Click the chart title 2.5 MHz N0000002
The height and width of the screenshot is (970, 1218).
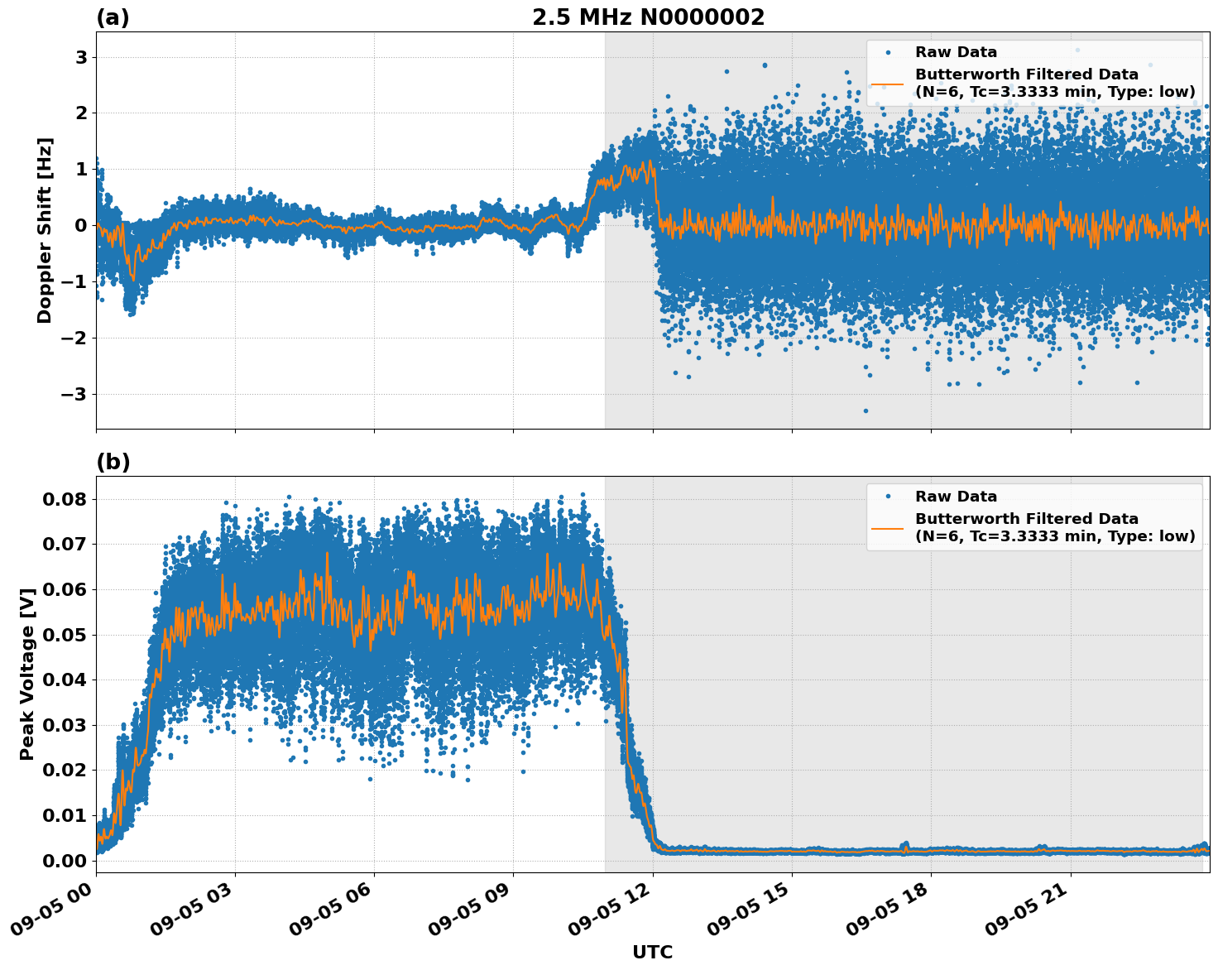(648, 17)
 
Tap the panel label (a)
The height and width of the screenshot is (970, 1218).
(113, 17)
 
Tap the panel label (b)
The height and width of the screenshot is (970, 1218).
(113, 462)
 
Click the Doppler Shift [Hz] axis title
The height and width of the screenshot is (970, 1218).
(45, 230)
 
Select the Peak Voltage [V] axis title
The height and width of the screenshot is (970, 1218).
(27, 674)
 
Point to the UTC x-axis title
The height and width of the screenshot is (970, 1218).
(652, 952)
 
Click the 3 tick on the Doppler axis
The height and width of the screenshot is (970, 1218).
(81, 57)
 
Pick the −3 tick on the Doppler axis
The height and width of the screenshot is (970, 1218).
(74, 394)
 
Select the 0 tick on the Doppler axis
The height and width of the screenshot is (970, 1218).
(81, 225)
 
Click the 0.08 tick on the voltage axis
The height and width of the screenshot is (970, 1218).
(64, 499)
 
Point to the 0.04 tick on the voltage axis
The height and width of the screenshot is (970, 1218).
(64, 679)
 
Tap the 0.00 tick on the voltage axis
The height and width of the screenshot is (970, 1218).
(64, 861)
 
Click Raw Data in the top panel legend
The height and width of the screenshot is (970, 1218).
(956, 52)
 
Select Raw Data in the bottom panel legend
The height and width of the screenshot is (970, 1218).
(956, 497)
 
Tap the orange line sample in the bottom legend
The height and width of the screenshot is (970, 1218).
(887, 527)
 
